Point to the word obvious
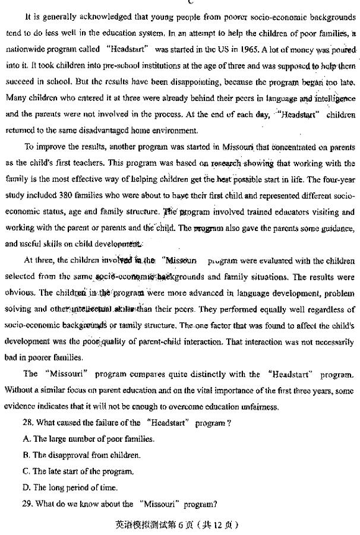pos(18,293)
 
